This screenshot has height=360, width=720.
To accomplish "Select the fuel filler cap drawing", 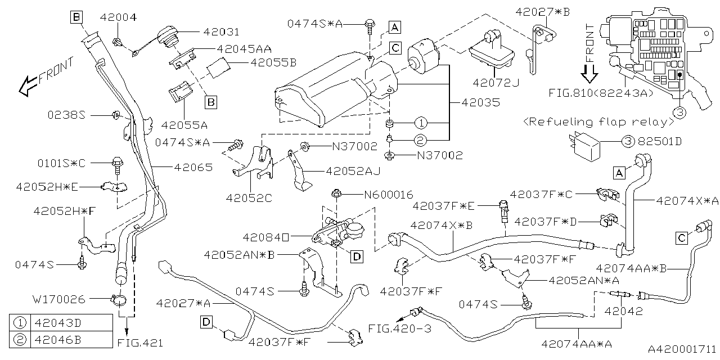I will [x=167, y=37].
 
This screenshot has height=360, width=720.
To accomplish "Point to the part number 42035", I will [x=479, y=103].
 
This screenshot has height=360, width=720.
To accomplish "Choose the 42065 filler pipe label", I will [x=193, y=167].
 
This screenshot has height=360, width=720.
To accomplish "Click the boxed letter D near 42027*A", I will [x=206, y=322].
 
